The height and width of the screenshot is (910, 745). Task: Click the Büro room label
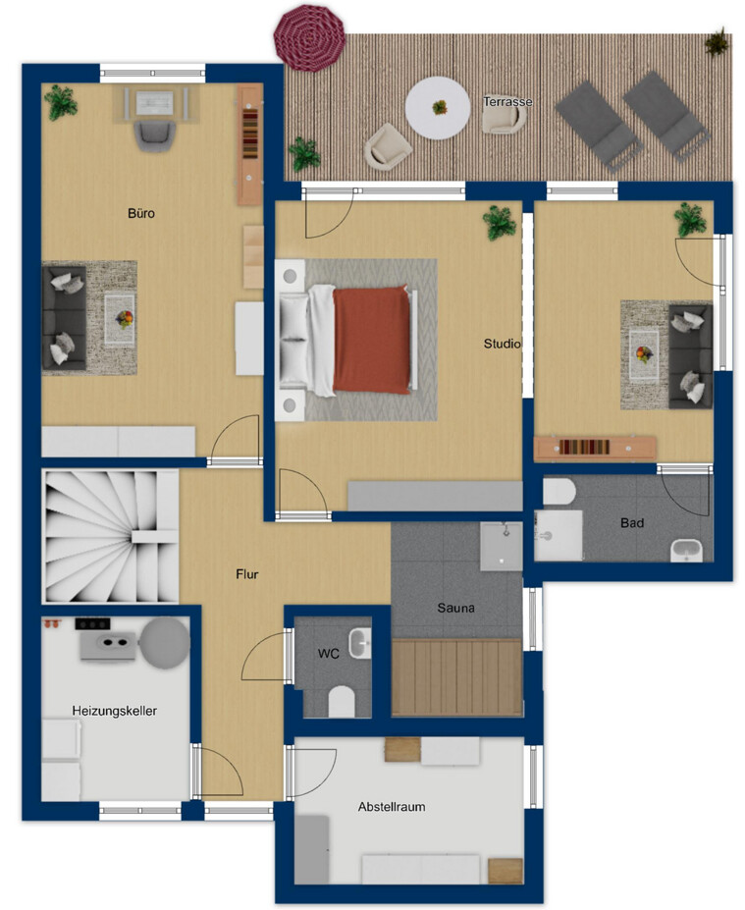point(141,214)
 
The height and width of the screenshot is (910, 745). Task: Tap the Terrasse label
point(507,101)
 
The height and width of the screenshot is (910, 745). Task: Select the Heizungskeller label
point(114,711)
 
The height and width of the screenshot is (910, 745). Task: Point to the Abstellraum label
point(392,807)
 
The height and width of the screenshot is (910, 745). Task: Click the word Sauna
point(456,608)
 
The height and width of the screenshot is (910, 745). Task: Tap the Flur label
point(246,574)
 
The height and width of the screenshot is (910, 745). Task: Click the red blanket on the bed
point(371,340)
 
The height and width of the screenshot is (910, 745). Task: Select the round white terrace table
point(438,108)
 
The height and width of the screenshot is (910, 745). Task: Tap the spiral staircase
point(110,536)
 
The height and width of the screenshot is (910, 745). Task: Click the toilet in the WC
point(342,702)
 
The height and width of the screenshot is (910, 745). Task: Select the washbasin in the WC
point(359,643)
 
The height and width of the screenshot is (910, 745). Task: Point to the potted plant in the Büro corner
point(60,102)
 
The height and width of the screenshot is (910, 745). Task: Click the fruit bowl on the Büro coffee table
point(124,318)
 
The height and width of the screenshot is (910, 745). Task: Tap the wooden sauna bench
point(456,677)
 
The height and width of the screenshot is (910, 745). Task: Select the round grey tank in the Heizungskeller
point(165,643)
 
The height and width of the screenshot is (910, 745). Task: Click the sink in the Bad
point(686,550)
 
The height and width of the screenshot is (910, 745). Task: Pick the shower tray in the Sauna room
point(501,546)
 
